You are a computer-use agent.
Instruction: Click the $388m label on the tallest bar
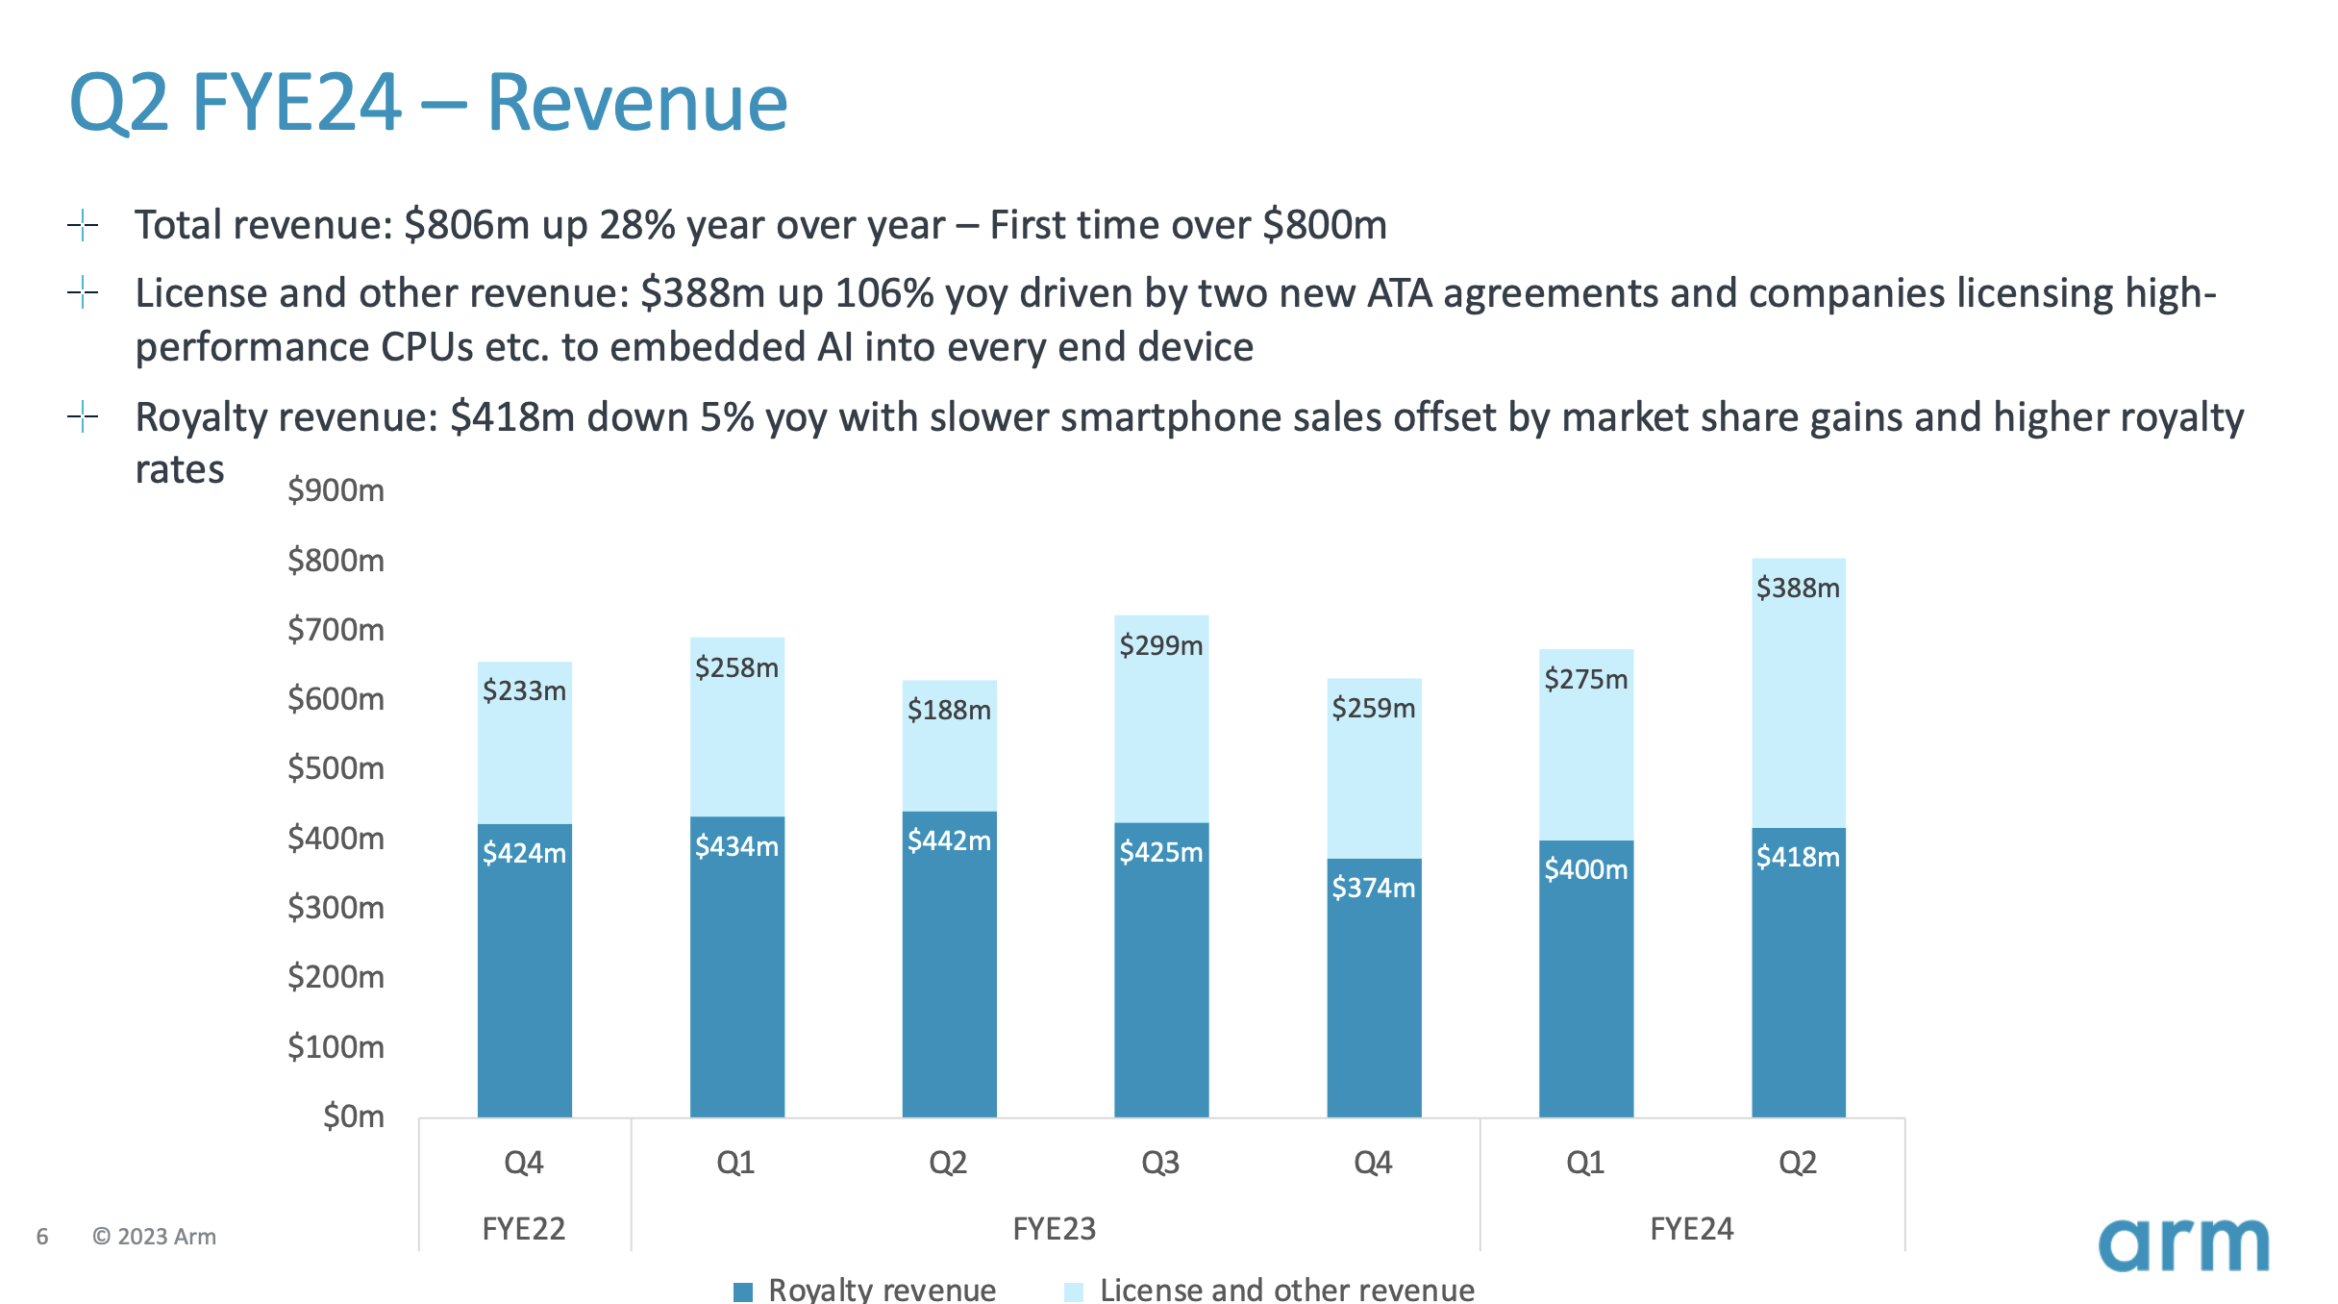[x=1797, y=588]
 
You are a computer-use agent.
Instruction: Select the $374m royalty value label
[x=1373, y=888]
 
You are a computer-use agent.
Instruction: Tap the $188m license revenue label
[x=949, y=711]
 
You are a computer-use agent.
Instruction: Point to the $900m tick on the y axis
[x=336, y=490]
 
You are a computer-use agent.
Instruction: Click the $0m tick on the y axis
[x=353, y=1116]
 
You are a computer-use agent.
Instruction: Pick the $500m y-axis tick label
[x=336, y=768]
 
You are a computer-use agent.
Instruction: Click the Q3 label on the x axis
[x=1160, y=1164]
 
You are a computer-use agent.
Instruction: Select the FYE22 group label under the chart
[x=523, y=1229]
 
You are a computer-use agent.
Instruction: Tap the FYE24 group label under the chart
[x=1691, y=1229]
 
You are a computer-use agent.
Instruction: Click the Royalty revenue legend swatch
[x=743, y=1291]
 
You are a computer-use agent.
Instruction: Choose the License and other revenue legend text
[x=1286, y=1290]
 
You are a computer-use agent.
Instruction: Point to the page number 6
[x=42, y=1237]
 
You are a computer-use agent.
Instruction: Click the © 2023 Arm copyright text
[x=154, y=1237]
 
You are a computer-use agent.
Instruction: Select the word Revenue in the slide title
[x=636, y=102]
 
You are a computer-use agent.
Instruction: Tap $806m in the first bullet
[x=467, y=225]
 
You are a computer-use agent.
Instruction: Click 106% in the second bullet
[x=884, y=293]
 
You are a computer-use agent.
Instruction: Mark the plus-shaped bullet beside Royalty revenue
[x=84, y=417]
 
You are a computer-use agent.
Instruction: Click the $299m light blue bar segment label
[x=1160, y=645]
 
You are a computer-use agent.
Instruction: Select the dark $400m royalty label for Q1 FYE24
[x=1585, y=870]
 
